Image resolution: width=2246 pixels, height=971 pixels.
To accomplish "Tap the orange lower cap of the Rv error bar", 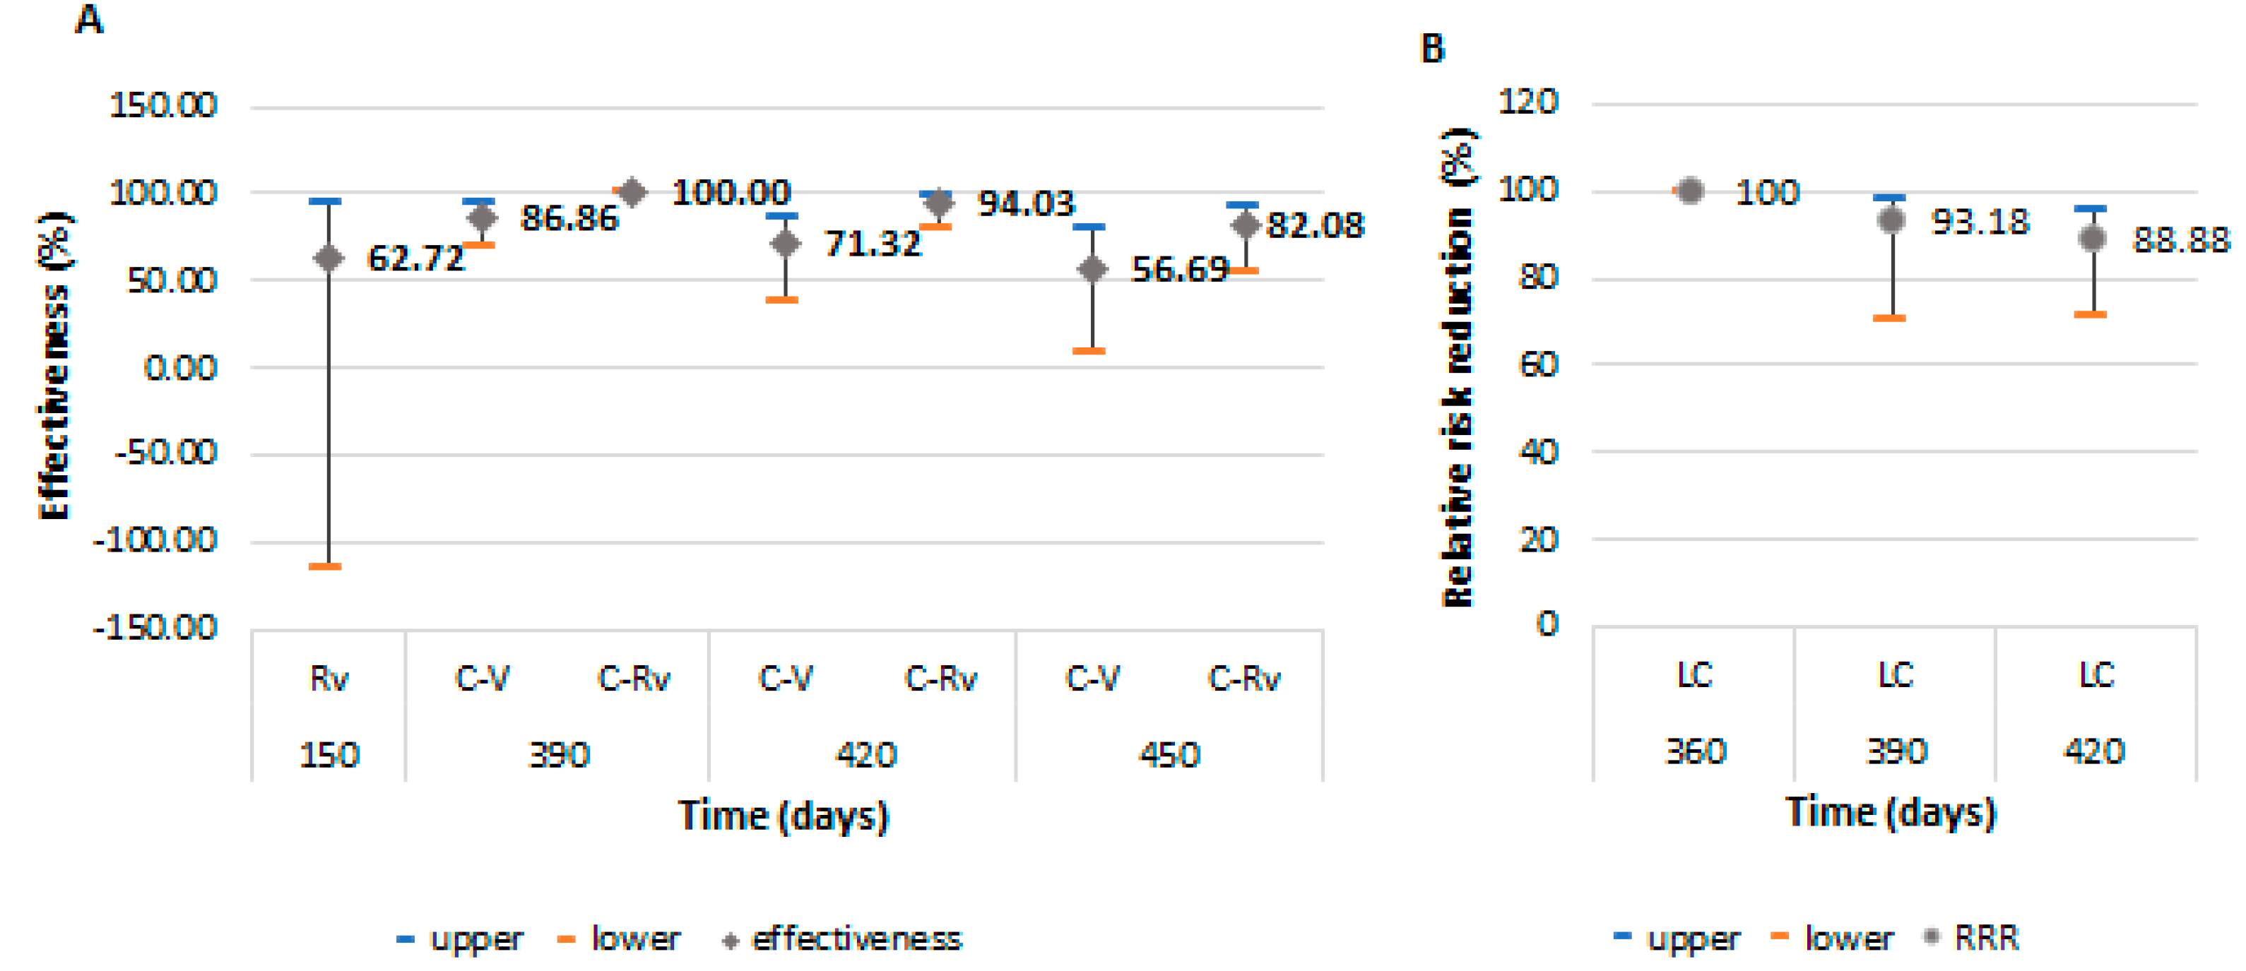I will click(x=325, y=566).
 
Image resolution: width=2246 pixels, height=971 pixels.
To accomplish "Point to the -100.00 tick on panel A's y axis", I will click(x=155, y=540).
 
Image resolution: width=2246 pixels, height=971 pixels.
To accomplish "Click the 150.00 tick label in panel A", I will click(x=162, y=105).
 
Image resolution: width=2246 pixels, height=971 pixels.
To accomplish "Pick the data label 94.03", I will click(x=1027, y=203).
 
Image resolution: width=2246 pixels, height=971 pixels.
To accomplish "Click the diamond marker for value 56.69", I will click(x=1092, y=269).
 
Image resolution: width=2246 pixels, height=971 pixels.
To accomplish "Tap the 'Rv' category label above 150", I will click(x=329, y=678).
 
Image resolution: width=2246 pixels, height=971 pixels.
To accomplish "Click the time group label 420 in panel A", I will click(x=865, y=754).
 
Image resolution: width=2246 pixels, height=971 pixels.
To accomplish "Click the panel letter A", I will click(x=89, y=19).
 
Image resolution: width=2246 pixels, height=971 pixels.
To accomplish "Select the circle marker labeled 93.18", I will click(x=1890, y=220).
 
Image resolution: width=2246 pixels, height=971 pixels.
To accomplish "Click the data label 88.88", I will click(x=2180, y=239).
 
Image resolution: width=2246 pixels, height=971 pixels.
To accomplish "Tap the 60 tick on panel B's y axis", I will click(x=1538, y=364).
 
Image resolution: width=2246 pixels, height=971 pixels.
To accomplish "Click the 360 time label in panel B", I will click(x=1695, y=751).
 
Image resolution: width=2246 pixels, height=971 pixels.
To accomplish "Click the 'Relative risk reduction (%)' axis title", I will click(x=1457, y=366).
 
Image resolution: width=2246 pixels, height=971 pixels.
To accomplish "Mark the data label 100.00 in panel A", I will click(x=731, y=192).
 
